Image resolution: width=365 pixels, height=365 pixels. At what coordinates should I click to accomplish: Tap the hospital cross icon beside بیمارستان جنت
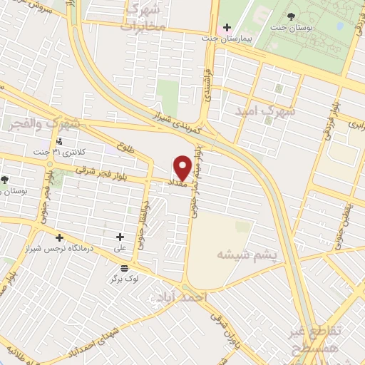click(x=226, y=27)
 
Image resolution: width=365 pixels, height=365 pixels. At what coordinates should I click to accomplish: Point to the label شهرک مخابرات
click(x=143, y=17)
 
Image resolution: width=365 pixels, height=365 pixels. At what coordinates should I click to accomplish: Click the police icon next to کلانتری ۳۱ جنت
click(x=60, y=142)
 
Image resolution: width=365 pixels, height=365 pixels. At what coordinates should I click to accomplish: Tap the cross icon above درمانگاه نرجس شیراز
click(x=59, y=237)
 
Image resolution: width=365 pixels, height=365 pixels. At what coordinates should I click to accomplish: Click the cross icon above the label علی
click(x=119, y=237)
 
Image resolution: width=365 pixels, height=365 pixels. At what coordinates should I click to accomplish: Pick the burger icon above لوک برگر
click(x=125, y=267)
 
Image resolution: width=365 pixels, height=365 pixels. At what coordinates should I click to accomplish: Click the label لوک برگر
click(x=125, y=278)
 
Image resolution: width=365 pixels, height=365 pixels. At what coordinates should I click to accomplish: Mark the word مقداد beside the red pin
click(x=177, y=184)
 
